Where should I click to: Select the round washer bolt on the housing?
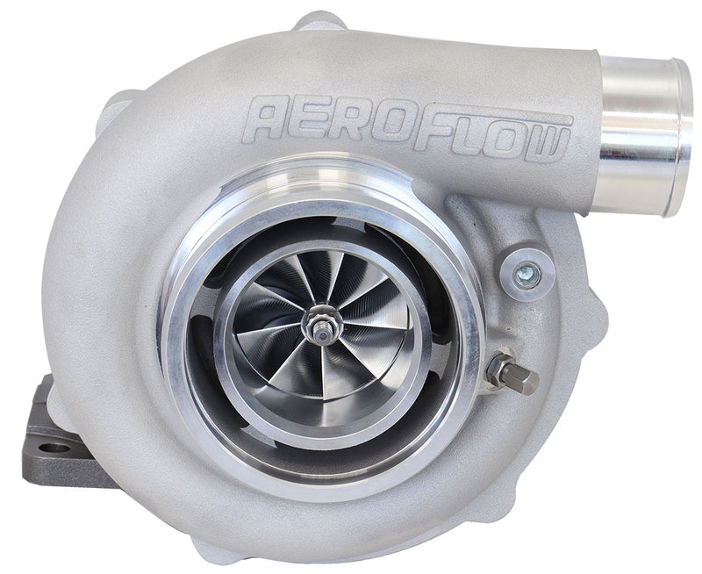(526, 270)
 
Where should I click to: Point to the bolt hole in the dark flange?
(54, 448)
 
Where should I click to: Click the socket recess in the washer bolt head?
(526, 270)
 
